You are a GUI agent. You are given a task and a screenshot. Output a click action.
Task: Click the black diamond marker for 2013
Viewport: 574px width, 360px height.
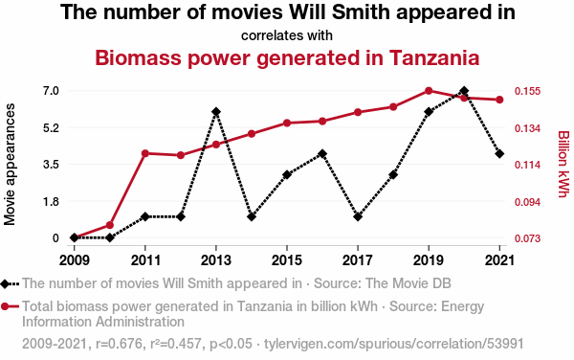tap(216, 112)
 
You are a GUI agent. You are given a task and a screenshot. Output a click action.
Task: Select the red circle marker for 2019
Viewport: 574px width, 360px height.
tap(429, 91)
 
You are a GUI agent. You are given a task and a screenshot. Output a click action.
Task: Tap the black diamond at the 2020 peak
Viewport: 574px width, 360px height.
tap(464, 90)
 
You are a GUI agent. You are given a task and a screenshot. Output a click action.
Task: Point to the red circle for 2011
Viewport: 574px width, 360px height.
tap(145, 153)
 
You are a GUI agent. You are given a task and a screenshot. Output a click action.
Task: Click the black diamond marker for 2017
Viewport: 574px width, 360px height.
tap(358, 216)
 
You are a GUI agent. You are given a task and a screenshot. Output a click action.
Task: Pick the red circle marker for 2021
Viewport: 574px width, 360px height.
tap(499, 100)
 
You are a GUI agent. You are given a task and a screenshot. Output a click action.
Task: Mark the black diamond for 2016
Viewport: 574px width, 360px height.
tap(322, 154)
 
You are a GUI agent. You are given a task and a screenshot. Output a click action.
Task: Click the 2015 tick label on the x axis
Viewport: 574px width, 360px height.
tap(287, 260)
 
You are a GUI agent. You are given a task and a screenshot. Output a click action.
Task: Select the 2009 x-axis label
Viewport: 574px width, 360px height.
tap(75, 260)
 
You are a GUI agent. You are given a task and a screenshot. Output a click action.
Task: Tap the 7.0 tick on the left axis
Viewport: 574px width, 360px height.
tap(51, 90)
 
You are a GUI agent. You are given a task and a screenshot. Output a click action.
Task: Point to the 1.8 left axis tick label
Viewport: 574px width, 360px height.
tap(51, 201)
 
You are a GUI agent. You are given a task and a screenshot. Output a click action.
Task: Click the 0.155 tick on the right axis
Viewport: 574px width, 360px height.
tap(527, 91)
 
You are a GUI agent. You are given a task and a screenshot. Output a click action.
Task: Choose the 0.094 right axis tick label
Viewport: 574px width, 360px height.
tap(527, 202)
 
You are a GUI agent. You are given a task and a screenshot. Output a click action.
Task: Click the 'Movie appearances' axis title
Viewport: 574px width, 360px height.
tap(10, 165)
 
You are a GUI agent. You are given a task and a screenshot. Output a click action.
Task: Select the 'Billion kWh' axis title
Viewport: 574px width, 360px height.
tap(563, 164)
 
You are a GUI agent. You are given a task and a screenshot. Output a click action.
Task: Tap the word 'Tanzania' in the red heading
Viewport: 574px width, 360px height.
tap(434, 57)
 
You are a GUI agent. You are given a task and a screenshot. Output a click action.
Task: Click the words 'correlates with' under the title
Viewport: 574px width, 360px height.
tap(287, 35)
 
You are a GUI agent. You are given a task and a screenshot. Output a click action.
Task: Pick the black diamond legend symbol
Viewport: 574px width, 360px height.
tap(5, 283)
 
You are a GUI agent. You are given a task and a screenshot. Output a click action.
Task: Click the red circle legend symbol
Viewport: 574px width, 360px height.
tap(5, 306)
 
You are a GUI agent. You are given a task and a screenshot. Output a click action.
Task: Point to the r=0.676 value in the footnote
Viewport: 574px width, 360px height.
tap(119, 344)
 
